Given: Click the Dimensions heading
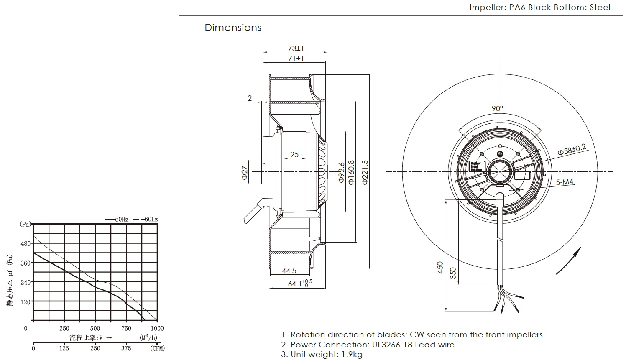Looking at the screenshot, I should coord(233,28).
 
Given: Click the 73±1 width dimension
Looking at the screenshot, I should coord(295,48).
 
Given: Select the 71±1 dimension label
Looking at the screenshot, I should coord(295,59).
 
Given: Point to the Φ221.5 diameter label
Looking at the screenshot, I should coord(365,172).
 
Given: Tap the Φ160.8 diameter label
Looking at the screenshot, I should coord(351,172).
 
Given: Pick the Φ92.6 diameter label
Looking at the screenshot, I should coord(341,172).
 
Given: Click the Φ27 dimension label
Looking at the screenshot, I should coord(245,172).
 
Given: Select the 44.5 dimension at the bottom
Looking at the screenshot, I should coord(289,271).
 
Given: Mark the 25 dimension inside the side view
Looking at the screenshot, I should coord(294,155).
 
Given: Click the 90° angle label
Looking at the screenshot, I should coord(497,108).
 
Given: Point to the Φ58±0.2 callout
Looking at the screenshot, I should coord(572,149).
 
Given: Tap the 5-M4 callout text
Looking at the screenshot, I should coord(565,182).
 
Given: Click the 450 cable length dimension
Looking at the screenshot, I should coord(440,267).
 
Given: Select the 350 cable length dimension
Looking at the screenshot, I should coord(452,273).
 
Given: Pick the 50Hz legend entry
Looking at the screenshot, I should coord(118,219).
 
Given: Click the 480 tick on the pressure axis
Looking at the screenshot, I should coord(26,243).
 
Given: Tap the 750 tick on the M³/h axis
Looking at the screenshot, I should coord(126,329).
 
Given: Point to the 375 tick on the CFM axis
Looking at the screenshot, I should coord(126,348).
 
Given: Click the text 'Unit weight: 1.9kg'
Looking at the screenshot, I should coord(322,355).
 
